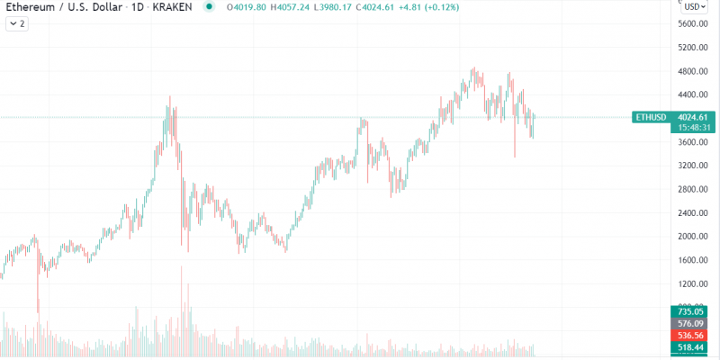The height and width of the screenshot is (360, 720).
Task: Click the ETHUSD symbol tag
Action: (x=651, y=117)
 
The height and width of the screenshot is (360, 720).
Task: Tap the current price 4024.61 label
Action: (x=693, y=117)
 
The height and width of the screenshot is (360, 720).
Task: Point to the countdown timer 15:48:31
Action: (x=693, y=128)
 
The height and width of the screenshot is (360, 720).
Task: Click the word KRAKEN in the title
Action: (x=174, y=7)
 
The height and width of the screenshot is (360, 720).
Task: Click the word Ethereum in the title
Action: (x=31, y=7)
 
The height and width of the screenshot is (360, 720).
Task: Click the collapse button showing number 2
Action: (x=18, y=24)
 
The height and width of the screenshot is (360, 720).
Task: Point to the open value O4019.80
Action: (x=242, y=7)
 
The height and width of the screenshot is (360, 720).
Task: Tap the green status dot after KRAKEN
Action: (x=209, y=7)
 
